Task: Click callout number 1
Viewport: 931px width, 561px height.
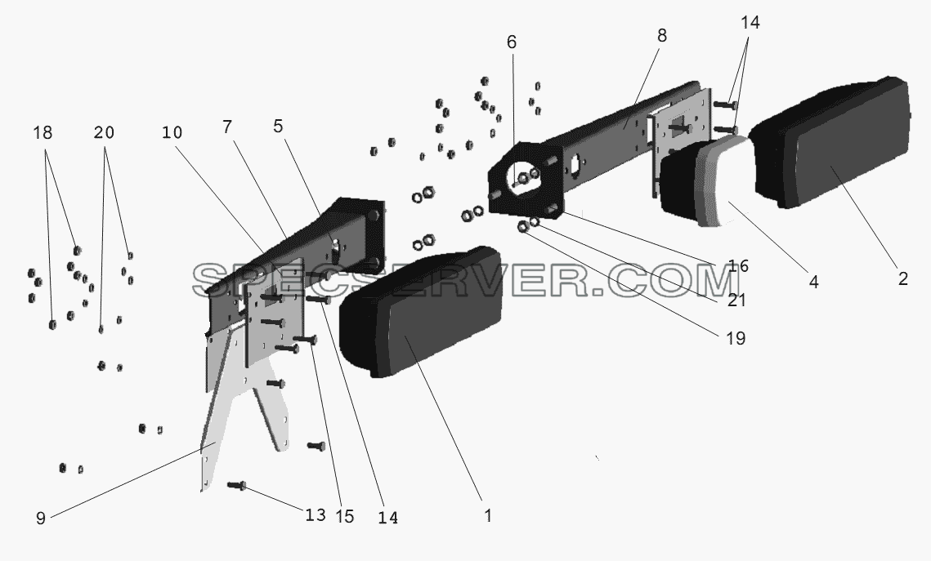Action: click(x=487, y=516)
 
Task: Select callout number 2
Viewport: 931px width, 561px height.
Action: click(x=902, y=278)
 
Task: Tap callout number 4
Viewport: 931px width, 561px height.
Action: click(x=813, y=283)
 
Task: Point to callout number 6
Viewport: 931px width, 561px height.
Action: click(x=511, y=42)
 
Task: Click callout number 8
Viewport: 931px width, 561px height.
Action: click(x=662, y=36)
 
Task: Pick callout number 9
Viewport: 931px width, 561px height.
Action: click(x=40, y=519)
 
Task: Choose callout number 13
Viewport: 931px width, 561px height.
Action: click(x=316, y=514)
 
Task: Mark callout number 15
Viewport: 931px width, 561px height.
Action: click(x=344, y=517)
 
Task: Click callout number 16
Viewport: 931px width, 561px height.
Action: click(x=738, y=265)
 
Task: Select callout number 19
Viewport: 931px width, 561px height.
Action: click(x=735, y=338)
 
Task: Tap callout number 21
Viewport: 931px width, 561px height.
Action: click(x=736, y=300)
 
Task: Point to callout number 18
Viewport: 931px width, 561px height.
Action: click(x=43, y=132)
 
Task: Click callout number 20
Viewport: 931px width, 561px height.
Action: click(x=103, y=132)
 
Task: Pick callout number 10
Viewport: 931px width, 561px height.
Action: click(x=172, y=132)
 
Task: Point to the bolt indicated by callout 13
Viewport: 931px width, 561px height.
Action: click(x=237, y=486)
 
